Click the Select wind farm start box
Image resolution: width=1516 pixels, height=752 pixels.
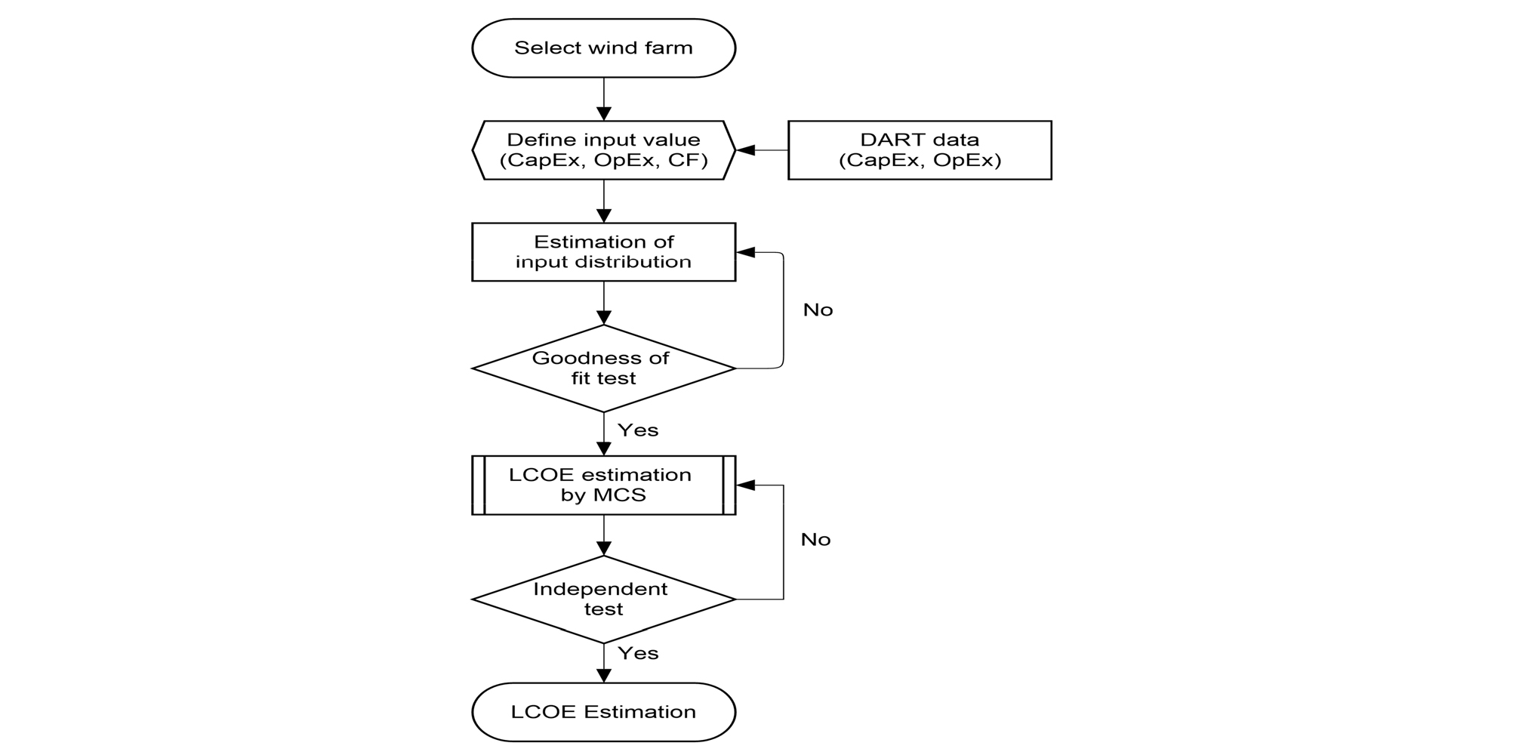pos(603,48)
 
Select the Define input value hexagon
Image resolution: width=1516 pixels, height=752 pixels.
pos(603,150)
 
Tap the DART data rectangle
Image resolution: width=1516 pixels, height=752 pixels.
pos(919,150)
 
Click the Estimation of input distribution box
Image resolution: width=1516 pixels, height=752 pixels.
pos(603,252)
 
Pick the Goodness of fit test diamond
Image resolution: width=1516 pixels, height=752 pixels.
pos(603,368)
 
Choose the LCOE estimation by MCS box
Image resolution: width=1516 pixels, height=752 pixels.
pos(603,485)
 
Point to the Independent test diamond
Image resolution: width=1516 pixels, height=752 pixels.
pos(603,599)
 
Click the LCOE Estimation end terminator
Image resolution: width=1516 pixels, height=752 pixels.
pos(603,712)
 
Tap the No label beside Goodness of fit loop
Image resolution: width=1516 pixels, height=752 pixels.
pos(818,310)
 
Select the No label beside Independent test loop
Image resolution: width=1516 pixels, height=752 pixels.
pos(815,540)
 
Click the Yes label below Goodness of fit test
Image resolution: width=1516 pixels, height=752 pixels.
pos(638,430)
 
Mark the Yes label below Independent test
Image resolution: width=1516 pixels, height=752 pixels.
pos(638,654)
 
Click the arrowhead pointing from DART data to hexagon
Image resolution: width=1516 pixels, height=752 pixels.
pos(746,150)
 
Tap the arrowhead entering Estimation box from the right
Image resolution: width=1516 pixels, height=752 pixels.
pos(746,252)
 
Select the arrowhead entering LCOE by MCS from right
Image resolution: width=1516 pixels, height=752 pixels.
pos(746,485)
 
